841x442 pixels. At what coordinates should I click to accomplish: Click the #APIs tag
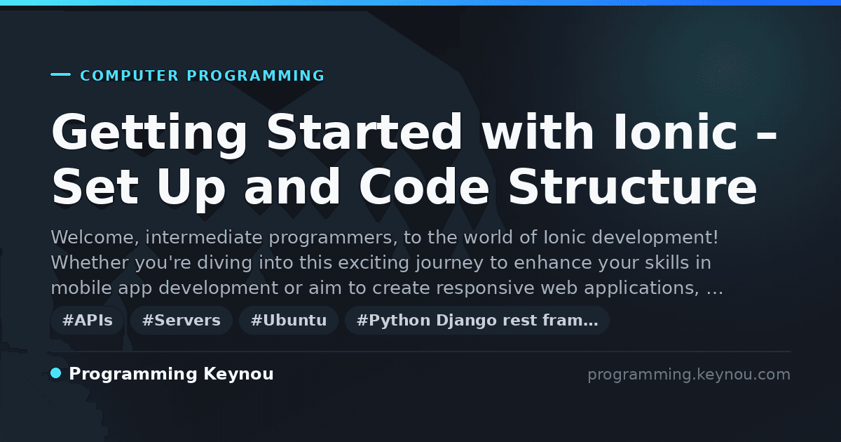[88, 320]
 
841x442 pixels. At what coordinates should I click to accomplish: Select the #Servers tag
[182, 320]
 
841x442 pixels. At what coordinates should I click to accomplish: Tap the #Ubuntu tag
[289, 320]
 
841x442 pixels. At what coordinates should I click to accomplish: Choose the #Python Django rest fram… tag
[477, 320]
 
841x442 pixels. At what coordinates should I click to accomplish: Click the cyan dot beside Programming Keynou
[56, 373]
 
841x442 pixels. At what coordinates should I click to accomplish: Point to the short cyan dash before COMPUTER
[60, 74]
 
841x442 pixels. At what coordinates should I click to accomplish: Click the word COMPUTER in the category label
[130, 76]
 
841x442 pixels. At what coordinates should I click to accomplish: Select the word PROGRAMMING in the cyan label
[256, 76]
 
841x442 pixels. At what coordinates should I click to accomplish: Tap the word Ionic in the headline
[676, 132]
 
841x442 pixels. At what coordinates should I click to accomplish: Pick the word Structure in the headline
[633, 187]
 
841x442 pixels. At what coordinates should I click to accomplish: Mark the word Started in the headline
[364, 132]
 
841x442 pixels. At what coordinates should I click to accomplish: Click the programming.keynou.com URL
[689, 375]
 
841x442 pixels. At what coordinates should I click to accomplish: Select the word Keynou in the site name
[238, 374]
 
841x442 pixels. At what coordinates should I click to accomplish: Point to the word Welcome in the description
[95, 238]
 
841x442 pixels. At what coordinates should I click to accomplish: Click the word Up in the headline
[191, 189]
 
